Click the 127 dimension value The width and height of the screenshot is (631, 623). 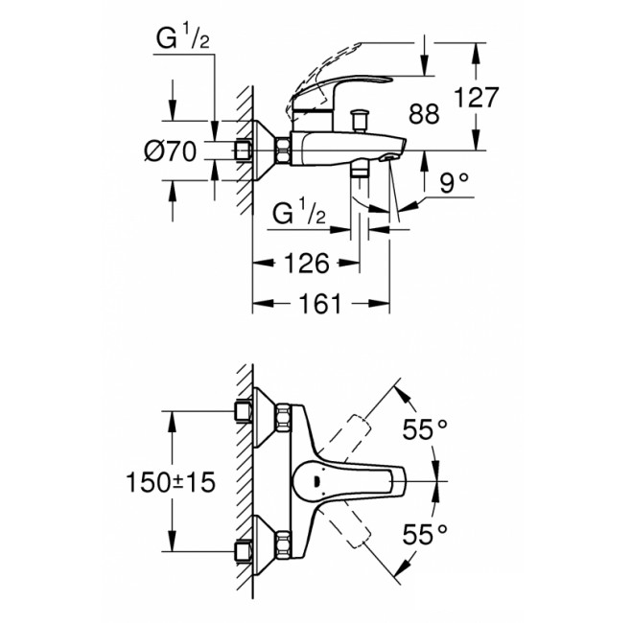click(x=476, y=98)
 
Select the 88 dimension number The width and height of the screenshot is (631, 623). click(x=424, y=114)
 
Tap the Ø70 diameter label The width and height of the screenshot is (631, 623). click(x=171, y=151)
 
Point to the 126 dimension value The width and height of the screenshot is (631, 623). click(x=307, y=264)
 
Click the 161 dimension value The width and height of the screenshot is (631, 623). click(x=320, y=304)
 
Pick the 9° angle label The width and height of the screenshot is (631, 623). click(x=454, y=183)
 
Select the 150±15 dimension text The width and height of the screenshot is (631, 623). click(x=171, y=482)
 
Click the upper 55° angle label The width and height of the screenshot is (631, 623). click(x=425, y=429)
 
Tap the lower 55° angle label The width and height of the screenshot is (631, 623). click(x=425, y=535)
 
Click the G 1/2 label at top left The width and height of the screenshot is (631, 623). click(x=183, y=38)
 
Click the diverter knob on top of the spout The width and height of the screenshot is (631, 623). click(x=359, y=120)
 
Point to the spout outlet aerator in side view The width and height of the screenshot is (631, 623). click(x=389, y=158)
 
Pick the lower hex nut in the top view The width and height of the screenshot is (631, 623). click(x=283, y=545)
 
